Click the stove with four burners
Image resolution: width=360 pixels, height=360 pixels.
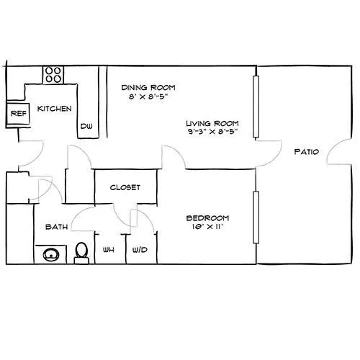53,75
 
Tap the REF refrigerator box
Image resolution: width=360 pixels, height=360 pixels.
18,114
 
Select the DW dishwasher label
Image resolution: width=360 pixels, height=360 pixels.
86,126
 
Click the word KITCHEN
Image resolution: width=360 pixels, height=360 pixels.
55,109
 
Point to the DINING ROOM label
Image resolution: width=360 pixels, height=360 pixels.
148,88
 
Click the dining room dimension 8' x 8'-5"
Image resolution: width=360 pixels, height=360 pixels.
148,96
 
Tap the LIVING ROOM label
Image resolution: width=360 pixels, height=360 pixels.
212,123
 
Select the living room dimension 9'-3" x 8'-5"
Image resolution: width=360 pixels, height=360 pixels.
212,132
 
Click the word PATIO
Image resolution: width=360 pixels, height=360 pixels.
307,152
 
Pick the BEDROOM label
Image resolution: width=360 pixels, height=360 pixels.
207,218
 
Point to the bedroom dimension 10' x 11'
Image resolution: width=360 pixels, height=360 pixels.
208,226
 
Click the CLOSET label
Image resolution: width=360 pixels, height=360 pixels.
125,187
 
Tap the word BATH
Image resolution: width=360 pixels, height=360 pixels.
56,227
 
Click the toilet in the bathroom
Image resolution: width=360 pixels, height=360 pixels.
81,253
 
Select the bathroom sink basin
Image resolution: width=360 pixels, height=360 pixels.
51,255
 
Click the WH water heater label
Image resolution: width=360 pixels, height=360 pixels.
109,250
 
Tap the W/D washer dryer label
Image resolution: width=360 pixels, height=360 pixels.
140,250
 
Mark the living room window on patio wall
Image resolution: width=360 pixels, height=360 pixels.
256,107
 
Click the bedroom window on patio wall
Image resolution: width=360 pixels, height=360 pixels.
256,217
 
